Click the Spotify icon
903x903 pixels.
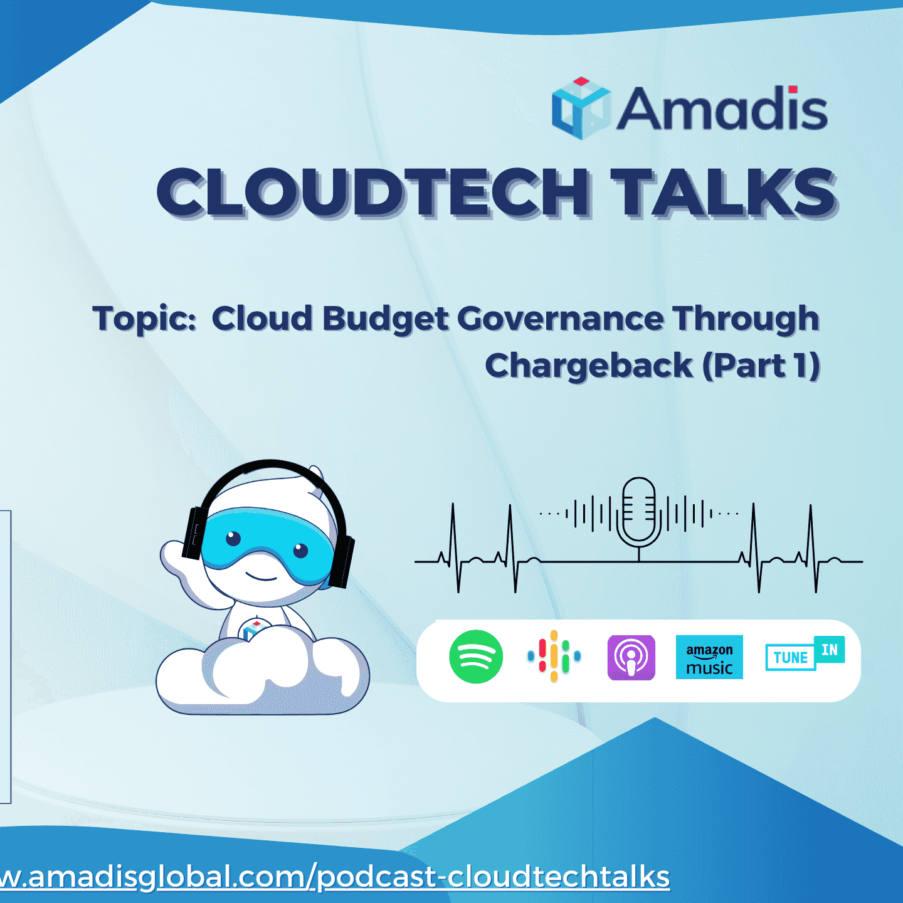476,657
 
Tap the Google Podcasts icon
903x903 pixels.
554,657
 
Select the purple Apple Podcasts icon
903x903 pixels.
631,657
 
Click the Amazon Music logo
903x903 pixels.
709,657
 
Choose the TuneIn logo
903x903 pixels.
805,654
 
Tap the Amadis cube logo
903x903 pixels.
581,108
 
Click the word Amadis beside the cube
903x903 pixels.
722,109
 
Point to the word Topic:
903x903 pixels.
144,319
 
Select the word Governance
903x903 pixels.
560,319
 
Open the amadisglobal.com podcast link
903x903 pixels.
335,876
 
